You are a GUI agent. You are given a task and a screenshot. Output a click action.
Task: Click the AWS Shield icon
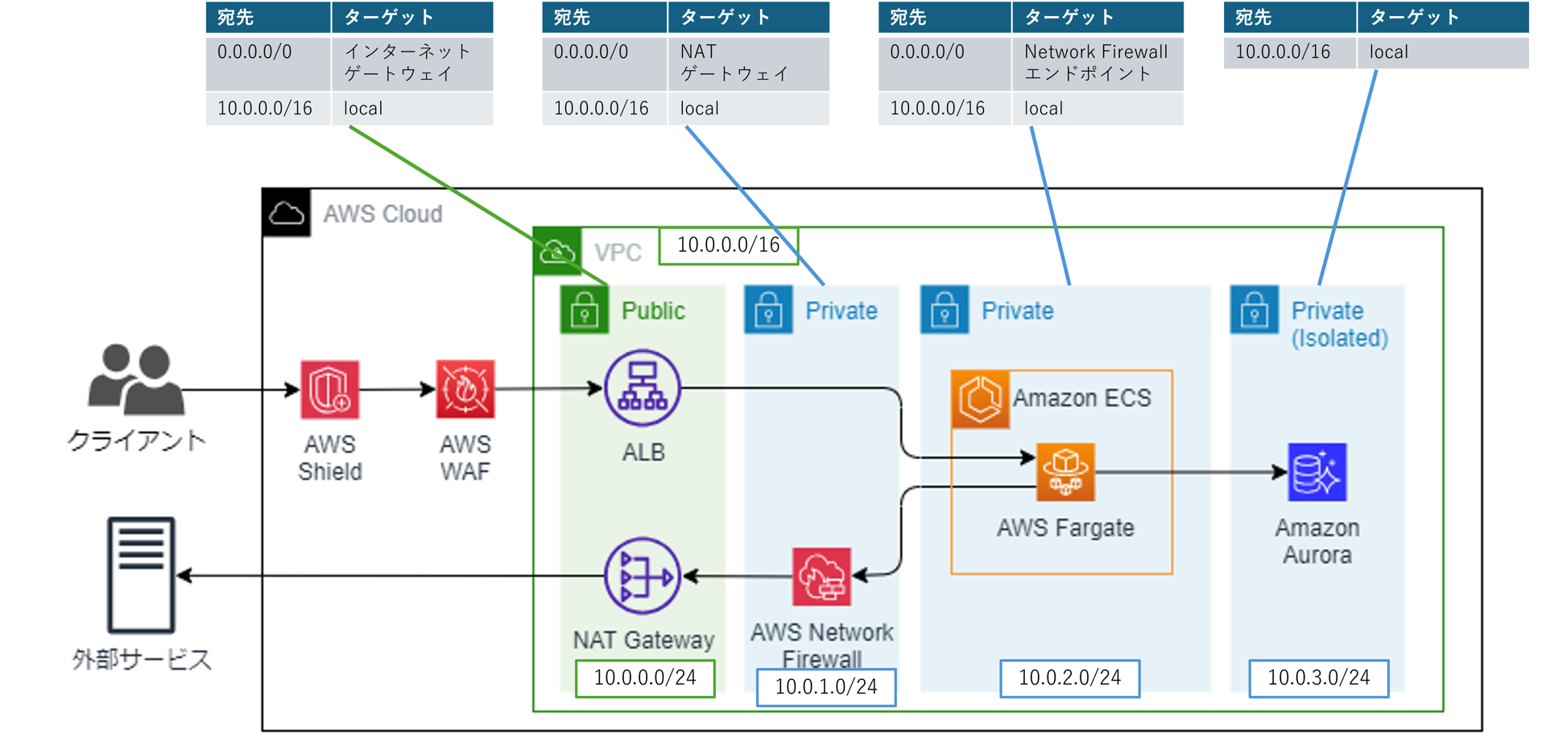pyautogui.click(x=329, y=390)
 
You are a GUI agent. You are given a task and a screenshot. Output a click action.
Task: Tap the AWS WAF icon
pyautogui.click(x=465, y=390)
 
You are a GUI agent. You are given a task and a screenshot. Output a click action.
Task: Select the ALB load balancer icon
pyautogui.click(x=643, y=388)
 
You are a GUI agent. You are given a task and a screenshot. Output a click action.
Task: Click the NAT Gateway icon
pyautogui.click(x=643, y=576)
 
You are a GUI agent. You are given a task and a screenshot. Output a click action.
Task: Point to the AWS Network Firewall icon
pyautogui.click(x=821, y=577)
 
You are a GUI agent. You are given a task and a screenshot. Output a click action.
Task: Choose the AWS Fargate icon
pyautogui.click(x=1065, y=472)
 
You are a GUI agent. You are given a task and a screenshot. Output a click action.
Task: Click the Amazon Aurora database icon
pyautogui.click(x=1317, y=472)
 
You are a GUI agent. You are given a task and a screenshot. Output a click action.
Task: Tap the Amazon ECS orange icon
pyautogui.click(x=980, y=399)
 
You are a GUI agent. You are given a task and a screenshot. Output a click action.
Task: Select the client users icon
pyautogui.click(x=135, y=379)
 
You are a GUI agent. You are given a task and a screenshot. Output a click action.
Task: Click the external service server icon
pyautogui.click(x=142, y=575)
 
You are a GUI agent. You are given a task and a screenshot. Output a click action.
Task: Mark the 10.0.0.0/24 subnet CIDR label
pyautogui.click(x=645, y=678)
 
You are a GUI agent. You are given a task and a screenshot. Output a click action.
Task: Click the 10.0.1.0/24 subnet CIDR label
pyautogui.click(x=826, y=687)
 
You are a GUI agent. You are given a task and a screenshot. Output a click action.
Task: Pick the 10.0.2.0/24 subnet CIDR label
pyautogui.click(x=1069, y=678)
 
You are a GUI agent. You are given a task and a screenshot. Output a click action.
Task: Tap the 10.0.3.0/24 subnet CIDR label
pyautogui.click(x=1319, y=678)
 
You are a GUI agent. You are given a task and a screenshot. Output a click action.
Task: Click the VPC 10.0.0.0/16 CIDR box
pyautogui.click(x=728, y=245)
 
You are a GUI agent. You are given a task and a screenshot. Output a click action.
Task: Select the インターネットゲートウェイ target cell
pyautogui.click(x=412, y=63)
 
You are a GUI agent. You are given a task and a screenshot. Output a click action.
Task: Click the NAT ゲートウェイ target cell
pyautogui.click(x=749, y=63)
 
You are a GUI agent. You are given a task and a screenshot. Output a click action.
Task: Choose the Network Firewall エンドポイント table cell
pyautogui.click(x=1097, y=63)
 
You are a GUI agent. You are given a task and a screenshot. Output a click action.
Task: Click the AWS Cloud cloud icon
pyautogui.click(x=287, y=213)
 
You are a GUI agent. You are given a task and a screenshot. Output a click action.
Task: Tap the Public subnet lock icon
pyautogui.click(x=585, y=310)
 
